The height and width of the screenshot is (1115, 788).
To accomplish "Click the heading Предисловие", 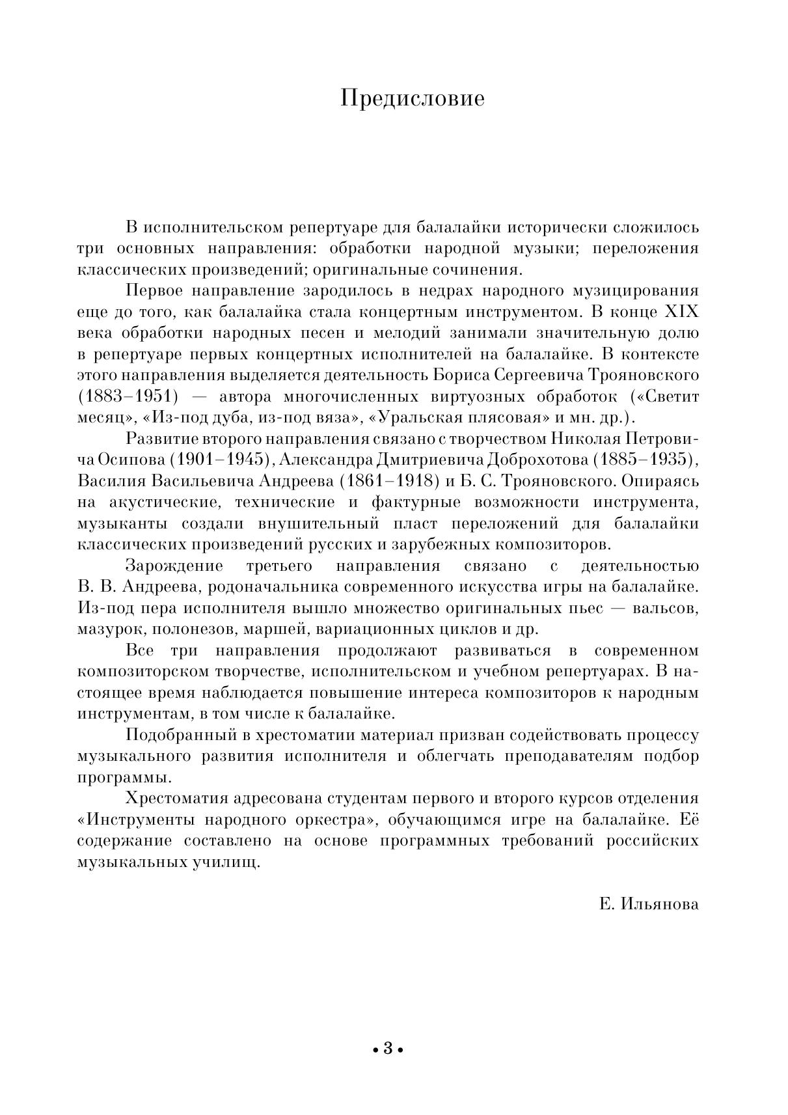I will click(x=413, y=98).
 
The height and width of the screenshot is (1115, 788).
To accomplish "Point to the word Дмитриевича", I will click(x=428, y=460).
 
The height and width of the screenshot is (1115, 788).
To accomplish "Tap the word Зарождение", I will click(x=174, y=566).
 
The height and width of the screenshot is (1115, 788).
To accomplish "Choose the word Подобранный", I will click(x=180, y=735).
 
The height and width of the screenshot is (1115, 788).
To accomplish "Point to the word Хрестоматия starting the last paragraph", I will click(x=176, y=799).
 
